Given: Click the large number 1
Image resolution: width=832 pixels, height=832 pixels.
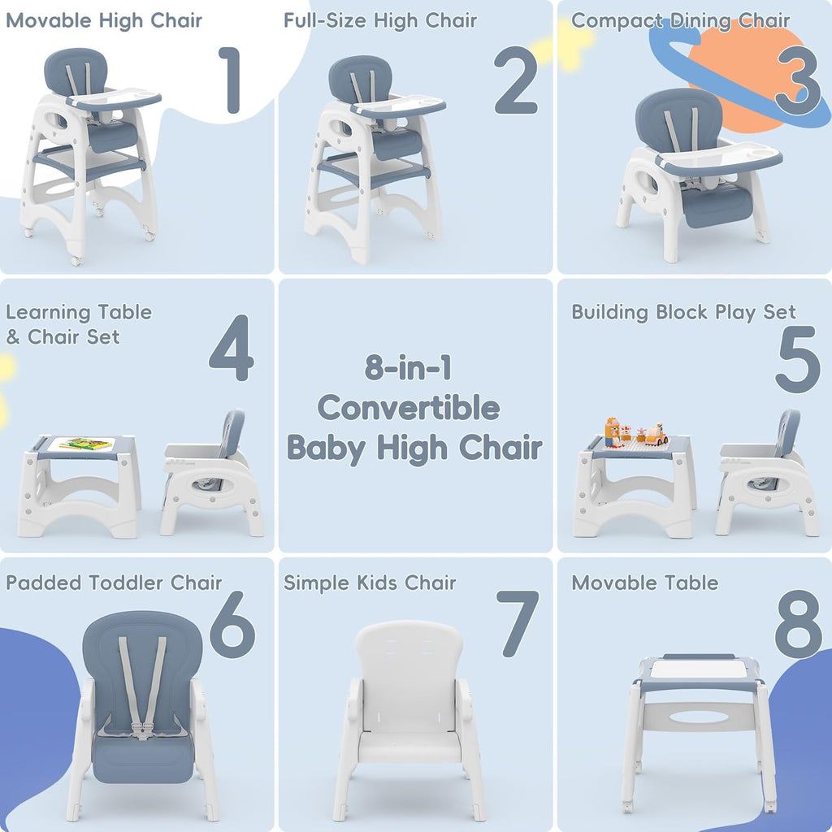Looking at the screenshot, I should click(229, 81).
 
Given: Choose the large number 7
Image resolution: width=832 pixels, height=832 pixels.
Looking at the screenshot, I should click(518, 623).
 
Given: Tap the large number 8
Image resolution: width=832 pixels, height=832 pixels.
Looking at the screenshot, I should click(797, 625).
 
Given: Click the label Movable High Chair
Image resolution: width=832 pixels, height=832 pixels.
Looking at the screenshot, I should click(104, 20).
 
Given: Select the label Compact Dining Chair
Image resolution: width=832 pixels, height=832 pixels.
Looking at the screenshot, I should click(680, 20).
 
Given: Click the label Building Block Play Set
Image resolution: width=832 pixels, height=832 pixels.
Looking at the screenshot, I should click(683, 313).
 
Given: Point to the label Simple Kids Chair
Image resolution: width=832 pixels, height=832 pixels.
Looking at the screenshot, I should click(370, 583).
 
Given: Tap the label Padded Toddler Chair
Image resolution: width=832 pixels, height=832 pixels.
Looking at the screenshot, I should click(114, 583).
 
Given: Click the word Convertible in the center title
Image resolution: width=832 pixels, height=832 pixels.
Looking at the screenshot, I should click(409, 407).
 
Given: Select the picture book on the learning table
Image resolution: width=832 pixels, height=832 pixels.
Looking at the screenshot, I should click(85, 444).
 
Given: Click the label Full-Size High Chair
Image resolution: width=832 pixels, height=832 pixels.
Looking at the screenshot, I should click(380, 20).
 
